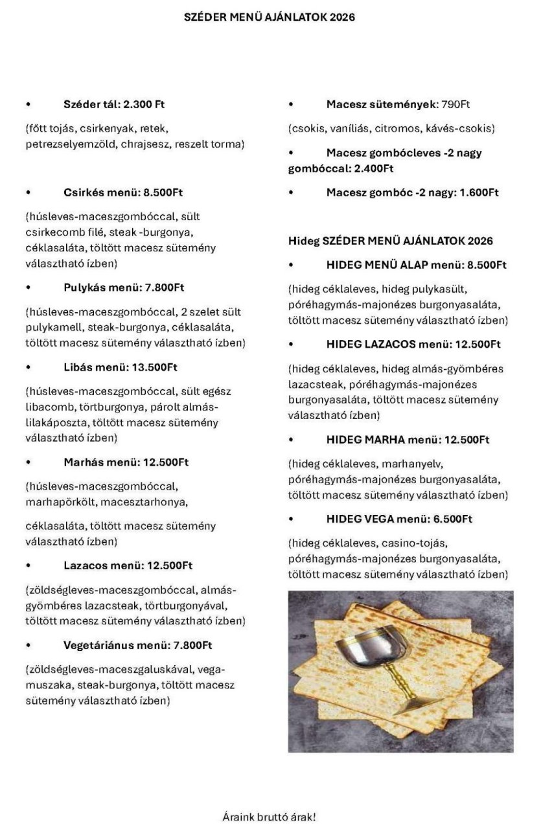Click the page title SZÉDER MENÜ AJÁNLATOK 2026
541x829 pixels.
point(270,18)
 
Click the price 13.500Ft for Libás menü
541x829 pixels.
point(155,367)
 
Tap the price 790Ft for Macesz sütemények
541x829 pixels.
point(455,104)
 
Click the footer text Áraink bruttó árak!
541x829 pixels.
point(270,817)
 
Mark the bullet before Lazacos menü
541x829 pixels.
point(29,566)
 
